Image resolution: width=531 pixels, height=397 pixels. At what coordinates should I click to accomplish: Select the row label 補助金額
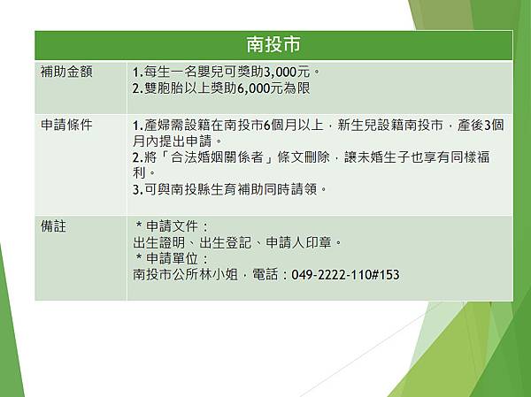66,72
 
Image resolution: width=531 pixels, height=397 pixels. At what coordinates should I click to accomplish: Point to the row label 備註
54,226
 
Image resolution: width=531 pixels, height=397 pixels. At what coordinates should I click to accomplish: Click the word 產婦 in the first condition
157,125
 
